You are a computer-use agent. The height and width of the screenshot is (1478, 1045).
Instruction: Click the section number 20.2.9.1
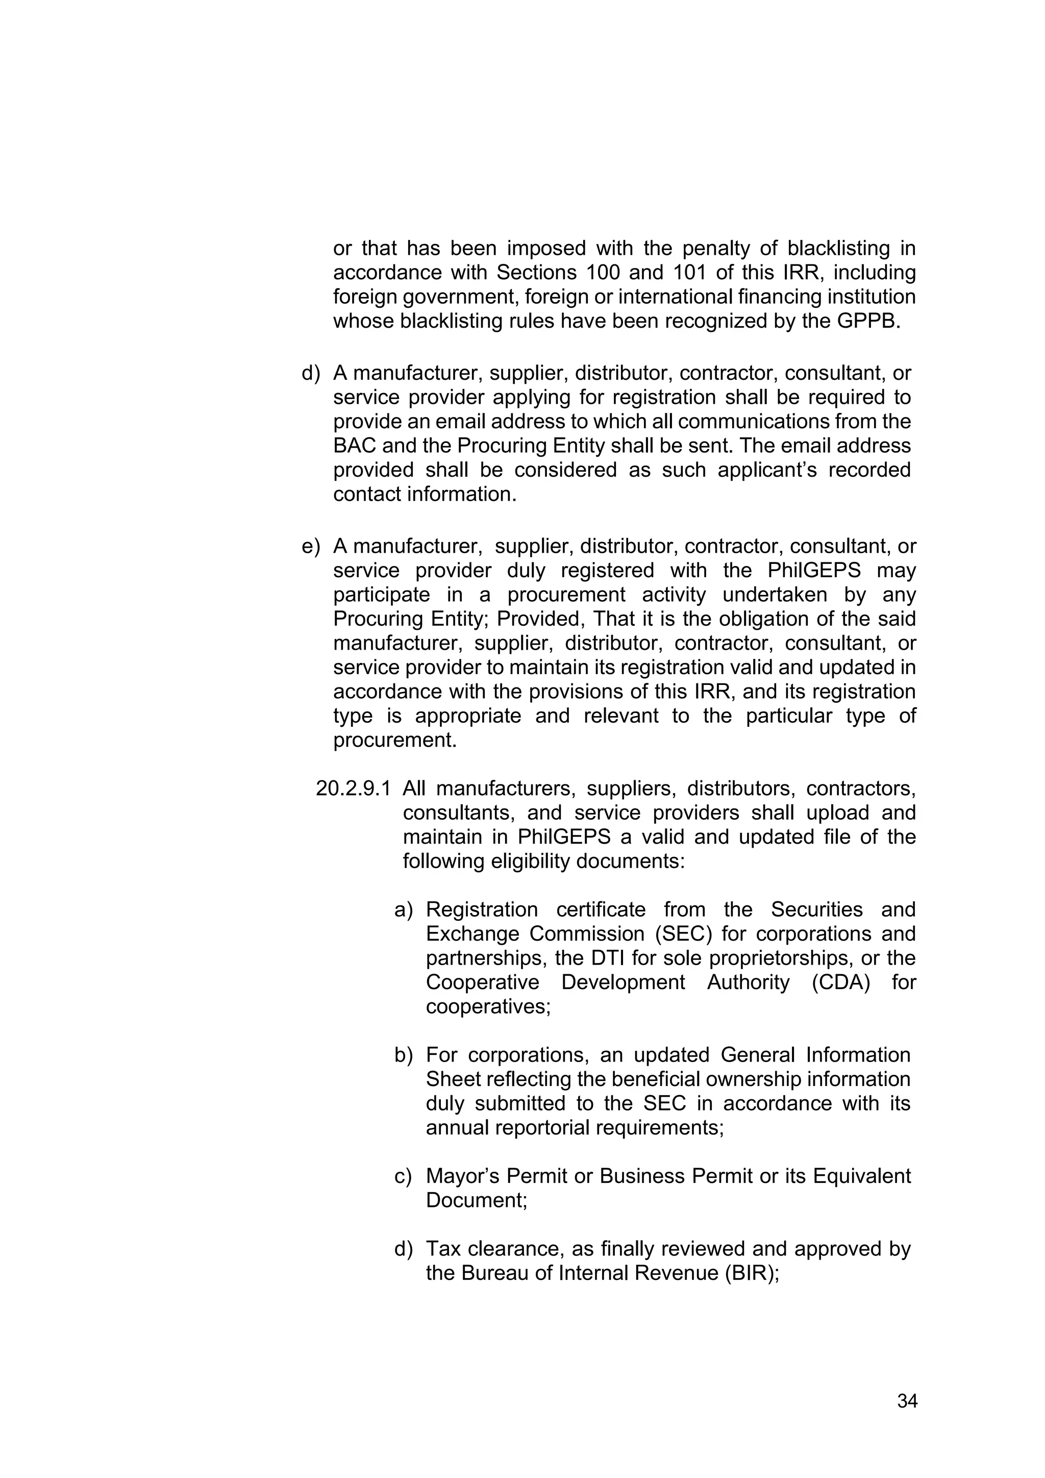click(x=353, y=789)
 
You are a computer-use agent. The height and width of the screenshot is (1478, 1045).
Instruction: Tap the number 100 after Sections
click(x=604, y=273)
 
